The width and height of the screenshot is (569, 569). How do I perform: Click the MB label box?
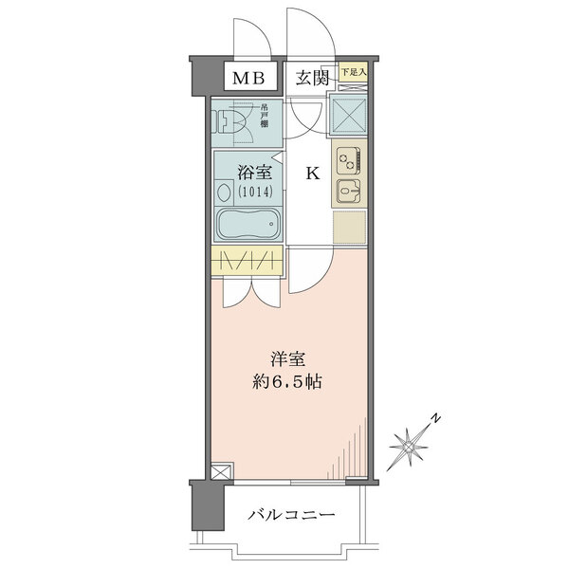point(249,78)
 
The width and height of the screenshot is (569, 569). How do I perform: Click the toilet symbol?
point(231,120)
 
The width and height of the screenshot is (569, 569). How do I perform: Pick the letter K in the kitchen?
point(310,174)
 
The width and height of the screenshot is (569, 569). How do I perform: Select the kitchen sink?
point(347,191)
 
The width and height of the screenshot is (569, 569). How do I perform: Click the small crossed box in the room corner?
point(221,470)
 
